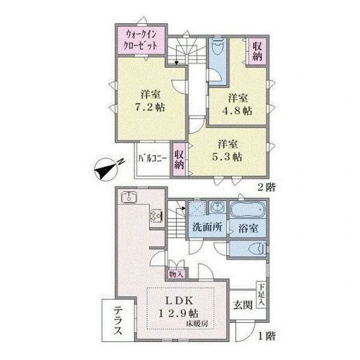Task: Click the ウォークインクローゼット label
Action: [x=141, y=40]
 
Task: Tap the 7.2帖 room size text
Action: [x=150, y=107]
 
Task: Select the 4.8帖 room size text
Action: [x=237, y=110]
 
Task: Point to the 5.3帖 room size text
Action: [x=227, y=157]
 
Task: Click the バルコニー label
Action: [x=152, y=158]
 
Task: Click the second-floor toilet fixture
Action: [x=218, y=46]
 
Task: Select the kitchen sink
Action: [x=129, y=197]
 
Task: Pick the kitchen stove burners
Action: [x=157, y=216]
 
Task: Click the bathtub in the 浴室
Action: [x=247, y=209]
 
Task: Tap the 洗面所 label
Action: [x=208, y=227]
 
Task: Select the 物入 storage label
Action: [x=176, y=274]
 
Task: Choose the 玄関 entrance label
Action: [x=243, y=305]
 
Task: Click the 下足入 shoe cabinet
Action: [x=261, y=295]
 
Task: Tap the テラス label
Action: [x=118, y=321]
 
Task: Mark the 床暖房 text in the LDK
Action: [x=197, y=324]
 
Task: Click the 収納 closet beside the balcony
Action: [x=179, y=160]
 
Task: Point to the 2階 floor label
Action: [x=266, y=188]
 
